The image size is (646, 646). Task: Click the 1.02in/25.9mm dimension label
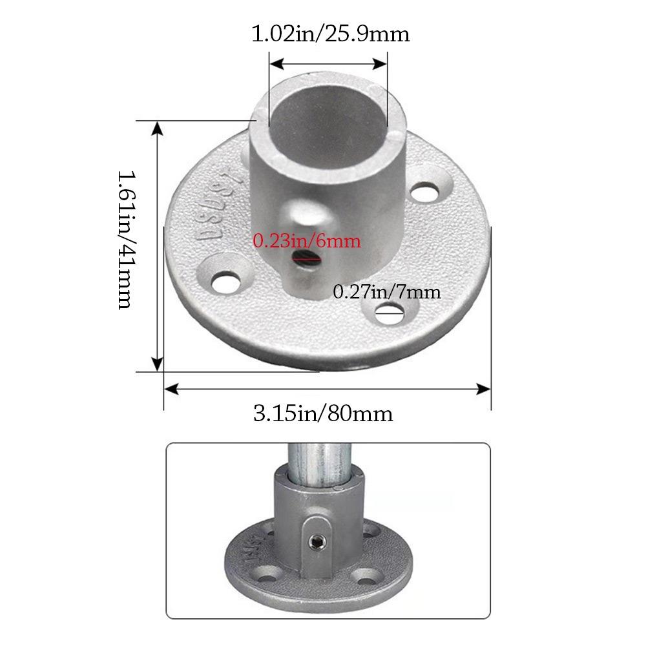coord(330,34)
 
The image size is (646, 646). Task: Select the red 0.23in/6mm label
coord(307,242)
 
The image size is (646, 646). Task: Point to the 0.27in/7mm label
coord(386,292)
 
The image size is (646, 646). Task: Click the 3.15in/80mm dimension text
coord(323,413)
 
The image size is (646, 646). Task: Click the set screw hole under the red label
coord(304,260)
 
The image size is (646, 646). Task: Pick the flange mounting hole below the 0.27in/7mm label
coord(389,315)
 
